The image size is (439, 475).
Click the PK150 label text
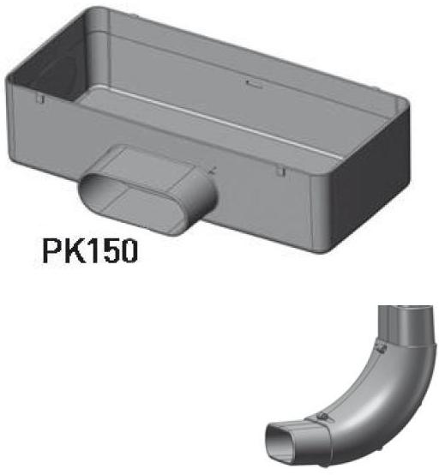point(90,251)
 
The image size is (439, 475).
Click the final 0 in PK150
point(127,251)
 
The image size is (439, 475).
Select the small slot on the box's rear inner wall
point(254,85)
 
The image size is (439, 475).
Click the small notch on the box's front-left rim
point(40,99)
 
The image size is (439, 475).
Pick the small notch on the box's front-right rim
point(281,171)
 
